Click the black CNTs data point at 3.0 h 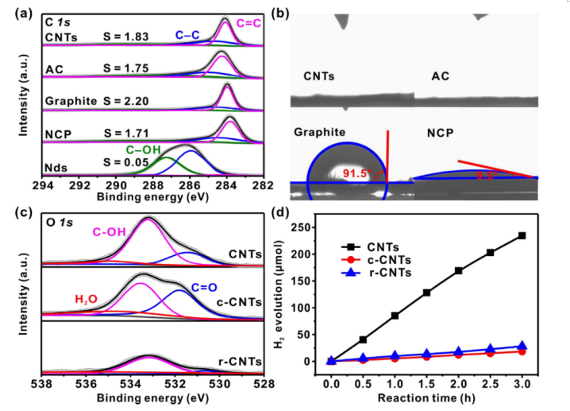tap(522, 235)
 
